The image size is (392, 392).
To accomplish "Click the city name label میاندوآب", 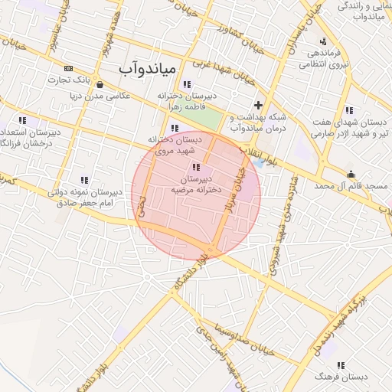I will pyautogui.click(x=148, y=69).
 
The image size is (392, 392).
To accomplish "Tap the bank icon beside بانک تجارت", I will pyautogui.click(x=69, y=68).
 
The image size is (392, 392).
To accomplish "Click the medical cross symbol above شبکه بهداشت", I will pyautogui.click(x=259, y=105).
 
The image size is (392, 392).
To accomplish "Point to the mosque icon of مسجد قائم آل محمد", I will pyautogui.click(x=351, y=174).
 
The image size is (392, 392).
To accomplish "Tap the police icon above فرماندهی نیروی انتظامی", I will pyautogui.click(x=324, y=41).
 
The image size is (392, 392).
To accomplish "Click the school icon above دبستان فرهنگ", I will pyautogui.click(x=341, y=365).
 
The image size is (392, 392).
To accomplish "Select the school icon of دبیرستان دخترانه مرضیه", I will pyautogui.click(x=196, y=167).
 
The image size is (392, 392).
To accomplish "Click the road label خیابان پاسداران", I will pyautogui.click(x=290, y=40).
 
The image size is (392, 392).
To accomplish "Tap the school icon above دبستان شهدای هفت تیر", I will pyautogui.click(x=350, y=109).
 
